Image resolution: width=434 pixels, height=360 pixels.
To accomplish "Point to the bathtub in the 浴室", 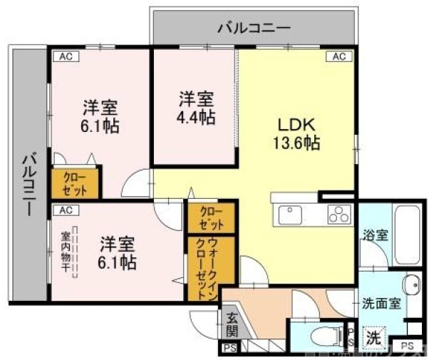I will [x=407, y=235].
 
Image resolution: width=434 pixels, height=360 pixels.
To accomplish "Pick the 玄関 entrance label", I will [x=232, y=324].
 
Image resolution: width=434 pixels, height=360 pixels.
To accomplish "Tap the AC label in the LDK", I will [x=338, y=56].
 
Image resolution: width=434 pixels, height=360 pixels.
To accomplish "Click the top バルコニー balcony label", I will [x=253, y=29].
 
